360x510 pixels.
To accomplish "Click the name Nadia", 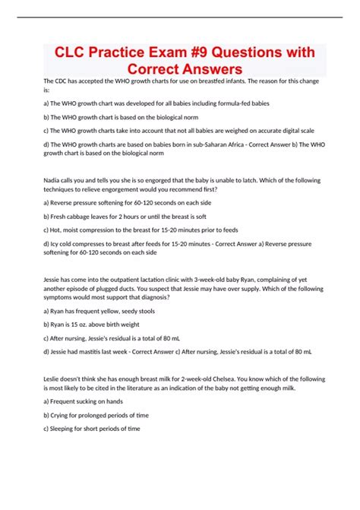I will [x=53, y=182].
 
